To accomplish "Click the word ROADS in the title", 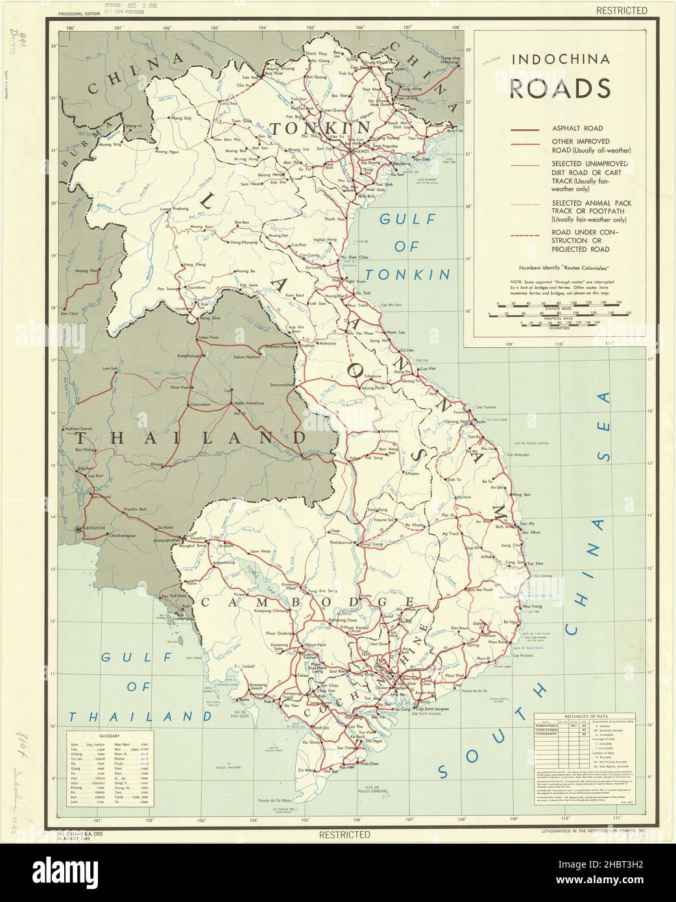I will coord(559,87).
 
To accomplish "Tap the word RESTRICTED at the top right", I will coord(623,10).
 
